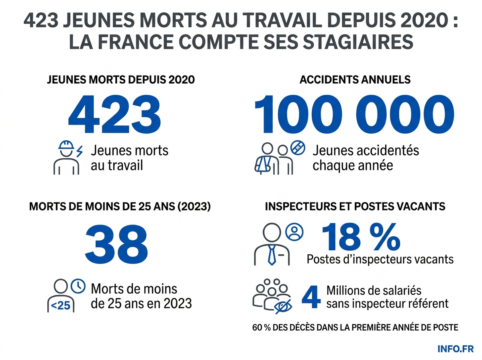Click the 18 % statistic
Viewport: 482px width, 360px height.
point(361,237)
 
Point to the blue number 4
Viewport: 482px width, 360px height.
point(311,297)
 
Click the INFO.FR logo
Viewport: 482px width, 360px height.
point(455,348)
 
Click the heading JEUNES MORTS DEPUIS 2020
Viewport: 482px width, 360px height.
point(120,80)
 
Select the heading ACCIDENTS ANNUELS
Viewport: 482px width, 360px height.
point(355,80)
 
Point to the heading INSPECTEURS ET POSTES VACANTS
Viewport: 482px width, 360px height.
point(355,207)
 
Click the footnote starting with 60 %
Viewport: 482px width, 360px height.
point(355,327)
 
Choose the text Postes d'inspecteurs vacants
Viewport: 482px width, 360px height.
point(380,259)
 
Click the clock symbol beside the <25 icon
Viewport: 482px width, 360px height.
point(78,286)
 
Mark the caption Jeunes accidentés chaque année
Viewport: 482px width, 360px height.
point(366,157)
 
